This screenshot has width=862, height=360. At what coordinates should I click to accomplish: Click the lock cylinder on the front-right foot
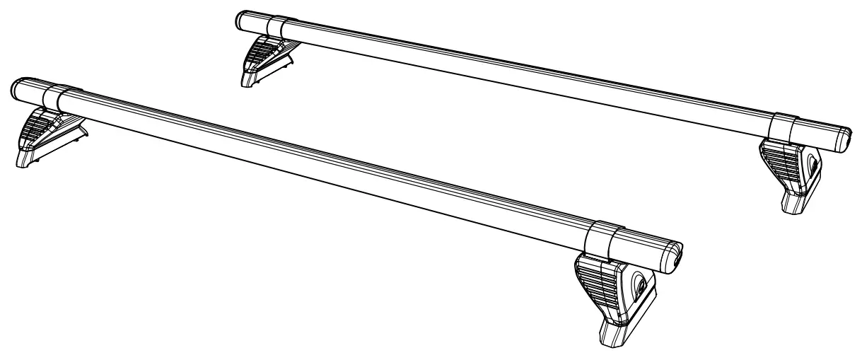click(640, 286)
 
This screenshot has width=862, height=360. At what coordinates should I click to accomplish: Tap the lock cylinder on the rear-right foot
click(813, 167)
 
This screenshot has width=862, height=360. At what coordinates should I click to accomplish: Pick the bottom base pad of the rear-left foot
click(249, 79)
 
